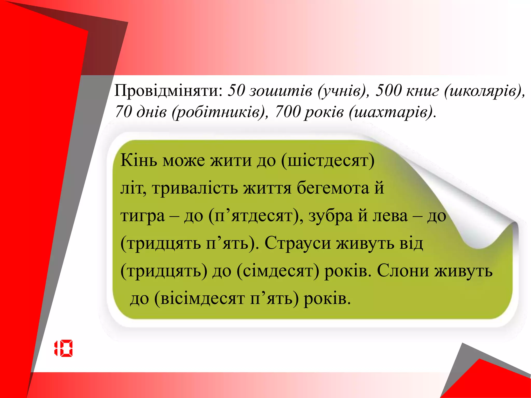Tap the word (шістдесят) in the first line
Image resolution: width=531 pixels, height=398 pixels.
(328, 161)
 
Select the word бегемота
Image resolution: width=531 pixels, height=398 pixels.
(333, 188)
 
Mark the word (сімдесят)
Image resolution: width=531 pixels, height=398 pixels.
(278, 271)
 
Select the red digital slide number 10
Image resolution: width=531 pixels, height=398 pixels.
(64, 348)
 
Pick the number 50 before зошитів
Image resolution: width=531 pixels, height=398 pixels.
(236, 91)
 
